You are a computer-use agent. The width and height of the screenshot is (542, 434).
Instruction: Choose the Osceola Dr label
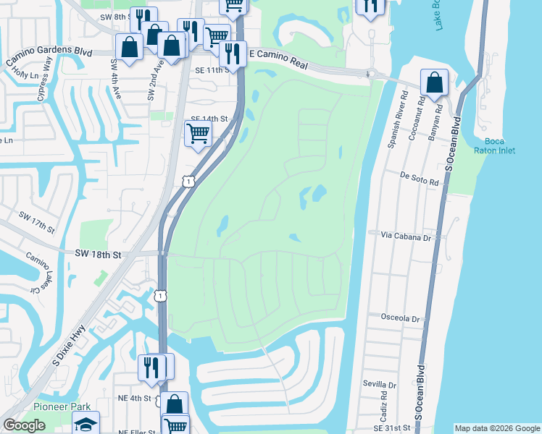[x=400, y=318]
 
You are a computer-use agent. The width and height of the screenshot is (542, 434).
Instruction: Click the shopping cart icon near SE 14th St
[x=198, y=133]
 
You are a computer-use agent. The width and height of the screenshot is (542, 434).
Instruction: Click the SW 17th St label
[x=37, y=224]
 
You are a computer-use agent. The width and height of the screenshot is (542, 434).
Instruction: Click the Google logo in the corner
[x=23, y=426]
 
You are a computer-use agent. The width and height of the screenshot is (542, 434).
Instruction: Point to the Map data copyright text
[x=497, y=428]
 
